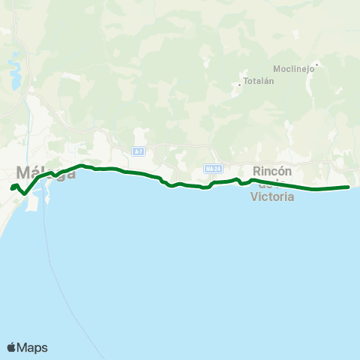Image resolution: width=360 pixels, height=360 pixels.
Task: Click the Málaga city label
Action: point(45,172)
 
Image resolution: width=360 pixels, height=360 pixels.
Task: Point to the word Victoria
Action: point(271,198)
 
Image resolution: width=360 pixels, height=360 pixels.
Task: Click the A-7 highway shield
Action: point(138,151)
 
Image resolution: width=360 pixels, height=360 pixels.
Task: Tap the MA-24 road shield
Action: point(212,169)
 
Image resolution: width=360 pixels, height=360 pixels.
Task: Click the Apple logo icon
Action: point(12,347)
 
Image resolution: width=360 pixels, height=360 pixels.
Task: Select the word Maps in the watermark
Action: point(33,347)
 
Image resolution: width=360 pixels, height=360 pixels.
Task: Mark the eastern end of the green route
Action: point(349,187)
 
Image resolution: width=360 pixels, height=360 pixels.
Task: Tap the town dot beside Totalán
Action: point(239,84)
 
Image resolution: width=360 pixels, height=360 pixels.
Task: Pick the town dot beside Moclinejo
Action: point(317,64)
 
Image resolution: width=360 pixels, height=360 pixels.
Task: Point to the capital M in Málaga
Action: point(23,172)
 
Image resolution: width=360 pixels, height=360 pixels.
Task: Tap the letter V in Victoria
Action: point(253,198)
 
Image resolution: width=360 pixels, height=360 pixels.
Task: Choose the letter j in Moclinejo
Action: point(302,69)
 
